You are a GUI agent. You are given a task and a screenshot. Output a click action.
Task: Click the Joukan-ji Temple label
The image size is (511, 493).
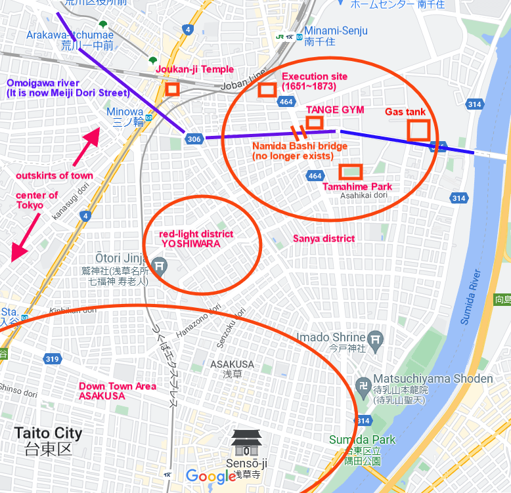pyautogui.click(x=194, y=70)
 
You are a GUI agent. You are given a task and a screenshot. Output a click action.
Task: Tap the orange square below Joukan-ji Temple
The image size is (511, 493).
pyautogui.click(x=172, y=89)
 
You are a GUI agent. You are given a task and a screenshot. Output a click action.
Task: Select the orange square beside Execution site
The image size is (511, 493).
pyautogui.click(x=267, y=90)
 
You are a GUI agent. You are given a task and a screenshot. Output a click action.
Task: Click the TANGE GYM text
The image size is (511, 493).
pyautogui.click(x=335, y=110)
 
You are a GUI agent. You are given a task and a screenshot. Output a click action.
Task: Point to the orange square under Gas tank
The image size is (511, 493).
pyautogui.click(x=418, y=129)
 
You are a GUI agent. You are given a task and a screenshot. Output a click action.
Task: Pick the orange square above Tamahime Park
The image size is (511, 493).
pyautogui.click(x=351, y=172)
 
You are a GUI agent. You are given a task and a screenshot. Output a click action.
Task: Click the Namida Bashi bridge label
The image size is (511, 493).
pyautogui.click(x=300, y=146)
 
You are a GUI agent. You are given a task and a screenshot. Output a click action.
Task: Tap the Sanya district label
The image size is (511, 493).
pyautogui.click(x=324, y=238)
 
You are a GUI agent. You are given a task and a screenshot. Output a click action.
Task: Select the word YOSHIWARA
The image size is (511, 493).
pyautogui.click(x=190, y=243)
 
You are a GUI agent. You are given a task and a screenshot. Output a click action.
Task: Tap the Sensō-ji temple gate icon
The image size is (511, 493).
pyautogui.click(x=246, y=443)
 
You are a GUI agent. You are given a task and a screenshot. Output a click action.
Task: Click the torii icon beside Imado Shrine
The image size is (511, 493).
pyautogui.click(x=375, y=339)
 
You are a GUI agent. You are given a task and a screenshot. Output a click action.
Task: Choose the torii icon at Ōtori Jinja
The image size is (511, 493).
pyautogui.click(x=159, y=266)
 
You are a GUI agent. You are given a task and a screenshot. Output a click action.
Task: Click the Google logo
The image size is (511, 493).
pyautogui.click(x=210, y=476)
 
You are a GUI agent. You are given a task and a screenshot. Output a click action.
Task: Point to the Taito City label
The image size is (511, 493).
pyautogui.click(x=49, y=433)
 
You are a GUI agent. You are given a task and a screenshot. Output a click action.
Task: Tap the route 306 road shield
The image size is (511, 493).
pyautogui.click(x=194, y=139)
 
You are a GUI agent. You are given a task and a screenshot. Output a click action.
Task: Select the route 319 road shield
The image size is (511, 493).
pyautogui.click(x=53, y=358)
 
